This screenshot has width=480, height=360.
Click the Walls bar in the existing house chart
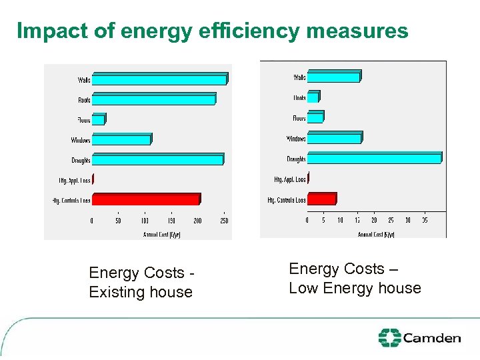159,80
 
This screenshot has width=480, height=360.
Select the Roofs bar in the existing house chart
153,100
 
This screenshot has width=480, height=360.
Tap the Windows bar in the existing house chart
121,140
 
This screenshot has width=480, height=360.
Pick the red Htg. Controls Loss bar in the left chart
145,199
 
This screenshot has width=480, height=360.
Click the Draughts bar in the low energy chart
373,159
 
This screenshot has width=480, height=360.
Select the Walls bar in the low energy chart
333,77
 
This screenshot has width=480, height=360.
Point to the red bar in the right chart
321,199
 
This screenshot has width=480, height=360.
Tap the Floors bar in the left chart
98,120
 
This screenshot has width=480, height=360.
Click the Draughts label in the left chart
81,161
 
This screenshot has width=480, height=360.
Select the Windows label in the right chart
296,139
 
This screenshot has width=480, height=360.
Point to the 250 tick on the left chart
224,221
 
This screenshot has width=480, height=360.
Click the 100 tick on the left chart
145,221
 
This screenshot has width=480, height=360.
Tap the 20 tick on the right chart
374,221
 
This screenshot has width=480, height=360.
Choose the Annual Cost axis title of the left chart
161,234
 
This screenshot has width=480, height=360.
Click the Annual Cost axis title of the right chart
376,234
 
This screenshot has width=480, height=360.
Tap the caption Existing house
141,292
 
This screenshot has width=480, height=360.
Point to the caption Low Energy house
355,288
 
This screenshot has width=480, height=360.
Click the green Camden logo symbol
389,338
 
